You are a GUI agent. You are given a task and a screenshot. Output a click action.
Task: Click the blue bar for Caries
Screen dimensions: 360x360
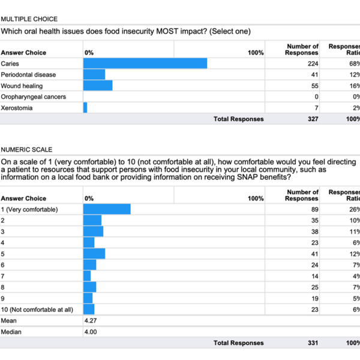click(x=145, y=64)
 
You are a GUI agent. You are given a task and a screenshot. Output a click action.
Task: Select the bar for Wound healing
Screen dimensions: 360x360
click(x=98, y=86)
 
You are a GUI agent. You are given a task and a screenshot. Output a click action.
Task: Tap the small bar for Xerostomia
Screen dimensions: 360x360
click(x=85, y=107)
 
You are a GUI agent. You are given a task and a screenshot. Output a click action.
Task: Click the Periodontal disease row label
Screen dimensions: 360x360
click(x=28, y=74)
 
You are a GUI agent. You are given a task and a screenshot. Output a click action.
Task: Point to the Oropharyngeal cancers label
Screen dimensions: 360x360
click(x=33, y=97)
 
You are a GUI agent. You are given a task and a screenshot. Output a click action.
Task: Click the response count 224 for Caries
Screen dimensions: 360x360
click(x=313, y=64)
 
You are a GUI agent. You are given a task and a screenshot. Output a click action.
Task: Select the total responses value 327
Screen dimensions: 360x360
click(x=313, y=119)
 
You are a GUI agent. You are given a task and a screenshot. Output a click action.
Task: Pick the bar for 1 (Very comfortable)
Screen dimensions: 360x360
click(x=107, y=209)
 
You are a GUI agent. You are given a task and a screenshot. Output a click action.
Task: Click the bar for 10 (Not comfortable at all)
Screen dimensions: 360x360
click(x=89, y=309)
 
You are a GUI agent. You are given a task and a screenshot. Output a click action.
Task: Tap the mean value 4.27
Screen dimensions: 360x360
click(x=91, y=320)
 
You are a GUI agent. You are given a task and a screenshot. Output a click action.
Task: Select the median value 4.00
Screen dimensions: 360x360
click(x=91, y=332)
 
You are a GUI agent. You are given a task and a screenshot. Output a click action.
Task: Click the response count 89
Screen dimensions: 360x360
click(x=315, y=209)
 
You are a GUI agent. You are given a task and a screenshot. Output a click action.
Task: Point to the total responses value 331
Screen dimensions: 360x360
click(x=313, y=343)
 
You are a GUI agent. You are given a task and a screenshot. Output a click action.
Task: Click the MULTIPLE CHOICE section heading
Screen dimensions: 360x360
click(x=29, y=19)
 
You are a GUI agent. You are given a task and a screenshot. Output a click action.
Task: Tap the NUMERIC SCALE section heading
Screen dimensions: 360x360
click(x=26, y=149)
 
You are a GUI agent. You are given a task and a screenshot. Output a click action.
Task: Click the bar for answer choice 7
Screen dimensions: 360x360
click(x=87, y=276)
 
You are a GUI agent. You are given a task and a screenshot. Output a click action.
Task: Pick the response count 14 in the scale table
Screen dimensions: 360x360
click(x=315, y=276)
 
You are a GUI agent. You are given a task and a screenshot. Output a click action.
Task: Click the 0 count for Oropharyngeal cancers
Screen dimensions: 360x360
click(x=316, y=97)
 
